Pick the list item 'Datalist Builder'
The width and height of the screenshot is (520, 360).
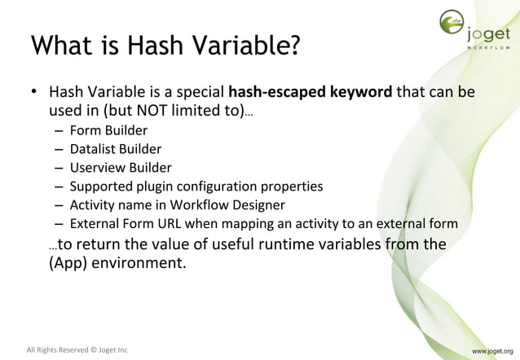[x=115, y=148]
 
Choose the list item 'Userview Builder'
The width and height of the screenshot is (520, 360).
[x=117, y=167]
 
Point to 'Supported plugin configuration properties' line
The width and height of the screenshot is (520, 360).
[x=196, y=186]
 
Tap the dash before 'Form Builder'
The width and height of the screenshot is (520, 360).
[x=60, y=130]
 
